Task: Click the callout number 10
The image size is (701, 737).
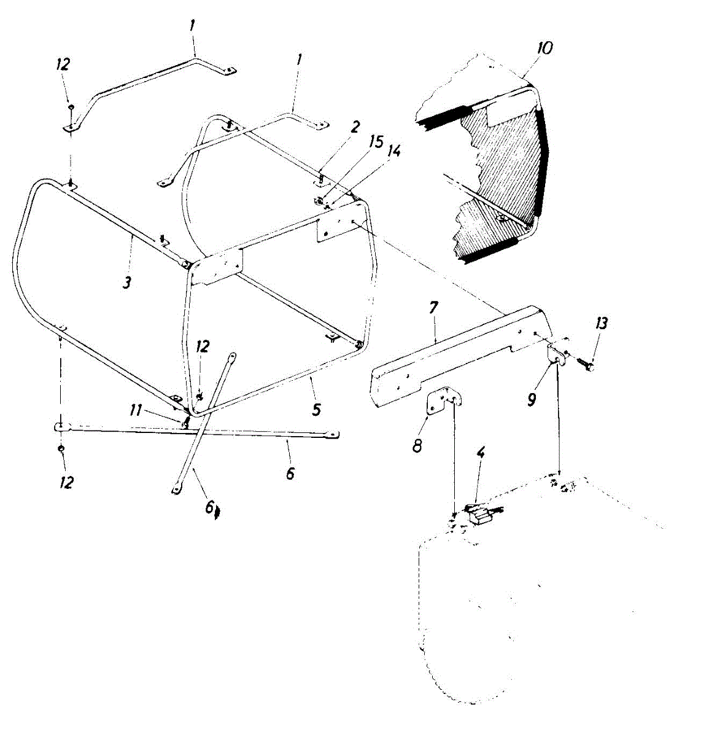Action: (x=544, y=48)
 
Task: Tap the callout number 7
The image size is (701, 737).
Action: (x=433, y=308)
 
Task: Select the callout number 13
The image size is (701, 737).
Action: (x=601, y=323)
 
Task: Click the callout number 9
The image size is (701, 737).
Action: (x=532, y=399)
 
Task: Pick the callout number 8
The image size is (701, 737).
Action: (x=417, y=445)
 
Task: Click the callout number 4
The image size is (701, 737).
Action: (x=481, y=454)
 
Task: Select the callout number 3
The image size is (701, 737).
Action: (x=127, y=284)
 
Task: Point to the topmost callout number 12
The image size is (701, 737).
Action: (x=63, y=64)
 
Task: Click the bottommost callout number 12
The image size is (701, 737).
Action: (x=66, y=482)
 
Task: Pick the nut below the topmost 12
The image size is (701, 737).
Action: (x=71, y=107)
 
